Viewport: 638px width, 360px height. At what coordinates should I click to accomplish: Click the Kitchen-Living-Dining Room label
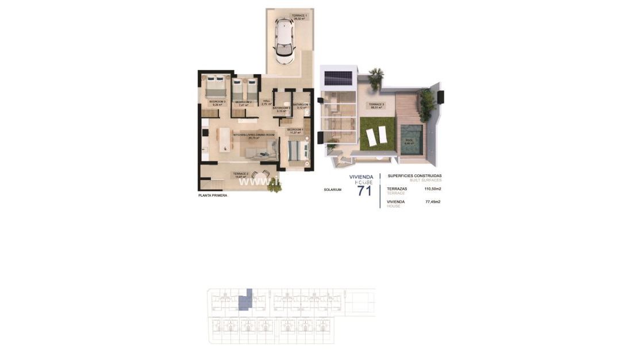(253, 136)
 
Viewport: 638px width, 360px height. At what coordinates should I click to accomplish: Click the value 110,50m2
(432, 189)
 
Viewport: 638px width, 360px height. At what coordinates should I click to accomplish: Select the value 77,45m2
(432, 202)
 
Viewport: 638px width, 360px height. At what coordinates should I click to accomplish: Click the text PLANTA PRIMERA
(213, 196)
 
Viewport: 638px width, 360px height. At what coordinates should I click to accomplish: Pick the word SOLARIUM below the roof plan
(332, 189)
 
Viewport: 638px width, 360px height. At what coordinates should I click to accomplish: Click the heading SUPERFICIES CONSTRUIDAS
(414, 176)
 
